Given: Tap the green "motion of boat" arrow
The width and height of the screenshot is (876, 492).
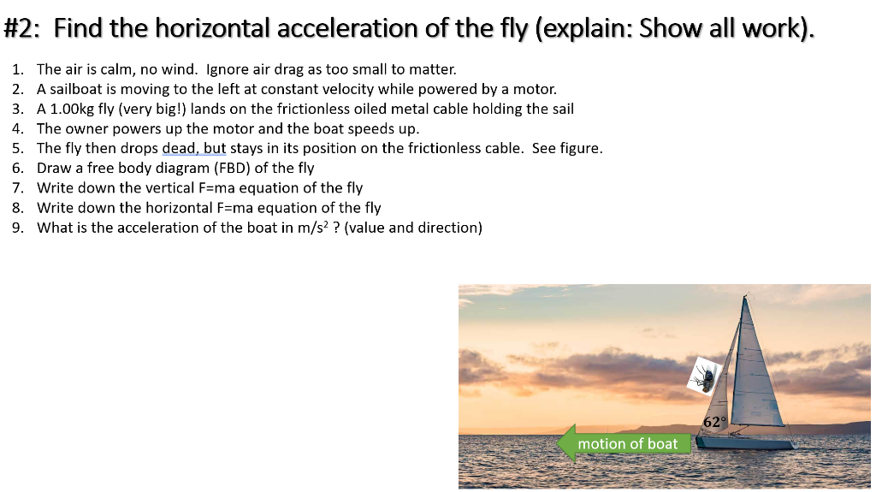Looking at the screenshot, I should click(x=624, y=443).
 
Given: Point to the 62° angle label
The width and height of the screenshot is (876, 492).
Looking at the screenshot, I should click(x=714, y=422).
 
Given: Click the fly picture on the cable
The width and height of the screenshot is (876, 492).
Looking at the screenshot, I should click(x=706, y=375).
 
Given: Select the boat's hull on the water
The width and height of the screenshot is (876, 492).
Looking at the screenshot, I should click(x=744, y=442).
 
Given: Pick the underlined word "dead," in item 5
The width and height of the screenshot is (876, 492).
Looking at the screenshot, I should click(x=181, y=148).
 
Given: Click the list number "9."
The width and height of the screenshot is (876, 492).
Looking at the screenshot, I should click(x=18, y=227).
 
